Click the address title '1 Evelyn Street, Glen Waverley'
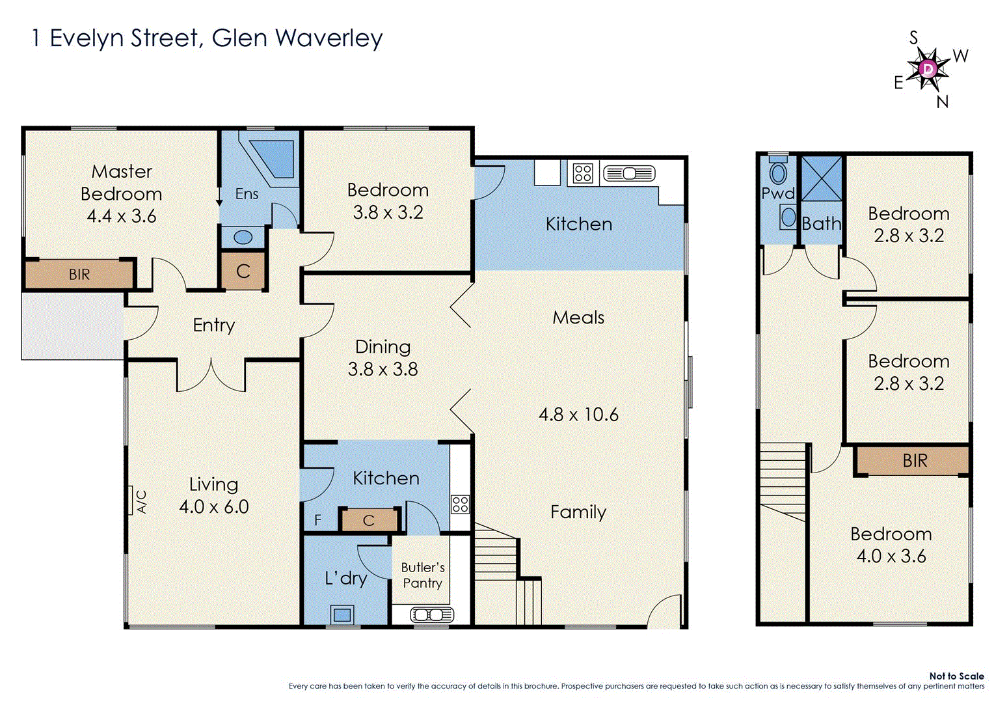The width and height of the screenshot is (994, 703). coord(207,38)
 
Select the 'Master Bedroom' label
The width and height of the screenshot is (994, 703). coord(122,183)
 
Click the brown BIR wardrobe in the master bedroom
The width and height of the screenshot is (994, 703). coord(79,274)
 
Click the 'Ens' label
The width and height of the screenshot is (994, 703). coord(247,194)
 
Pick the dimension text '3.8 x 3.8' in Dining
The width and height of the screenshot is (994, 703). coord(383,370)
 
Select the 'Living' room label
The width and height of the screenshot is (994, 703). coord(213,484)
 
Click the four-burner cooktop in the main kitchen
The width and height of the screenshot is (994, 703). coord(583,173)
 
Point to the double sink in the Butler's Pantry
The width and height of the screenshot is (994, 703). coord(431,614)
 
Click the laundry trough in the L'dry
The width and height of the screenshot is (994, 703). coord(342,614)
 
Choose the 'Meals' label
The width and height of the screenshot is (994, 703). coord(578,318)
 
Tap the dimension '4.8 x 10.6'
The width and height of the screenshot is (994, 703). coord(578,415)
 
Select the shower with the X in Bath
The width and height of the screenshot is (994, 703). coord(821,178)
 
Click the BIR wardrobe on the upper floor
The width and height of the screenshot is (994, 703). coord(914,461)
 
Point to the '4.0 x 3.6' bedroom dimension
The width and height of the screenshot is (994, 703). coord(891,557)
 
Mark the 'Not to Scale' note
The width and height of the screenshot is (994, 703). coord(956,676)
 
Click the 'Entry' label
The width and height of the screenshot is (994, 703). coord(213,325)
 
